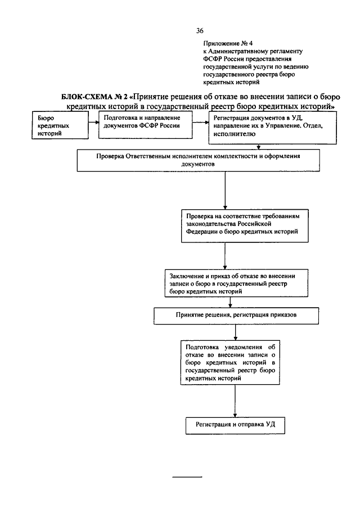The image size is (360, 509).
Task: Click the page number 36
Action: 200,31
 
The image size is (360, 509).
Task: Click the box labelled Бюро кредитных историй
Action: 60,125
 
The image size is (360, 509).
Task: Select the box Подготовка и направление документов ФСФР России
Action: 146,125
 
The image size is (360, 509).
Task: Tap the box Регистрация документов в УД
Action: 272,128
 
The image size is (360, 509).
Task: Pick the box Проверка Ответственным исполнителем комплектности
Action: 198,160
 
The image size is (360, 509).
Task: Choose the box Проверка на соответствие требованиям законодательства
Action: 245,226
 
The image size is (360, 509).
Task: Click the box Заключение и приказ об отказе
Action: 236,283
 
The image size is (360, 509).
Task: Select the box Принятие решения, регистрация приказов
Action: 236,316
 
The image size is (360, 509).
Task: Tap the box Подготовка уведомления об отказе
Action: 230,362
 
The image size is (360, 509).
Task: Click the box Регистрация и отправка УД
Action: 235,426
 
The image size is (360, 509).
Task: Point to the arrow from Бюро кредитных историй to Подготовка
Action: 94,123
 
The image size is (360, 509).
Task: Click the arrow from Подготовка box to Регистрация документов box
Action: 200,123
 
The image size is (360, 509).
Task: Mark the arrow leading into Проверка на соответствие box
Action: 225,190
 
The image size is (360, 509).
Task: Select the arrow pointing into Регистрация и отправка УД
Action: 235,401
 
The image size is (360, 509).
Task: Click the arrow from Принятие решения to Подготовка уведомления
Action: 235,332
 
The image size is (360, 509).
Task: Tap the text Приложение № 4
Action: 228,43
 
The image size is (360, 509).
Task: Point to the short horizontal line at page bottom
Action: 187,477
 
